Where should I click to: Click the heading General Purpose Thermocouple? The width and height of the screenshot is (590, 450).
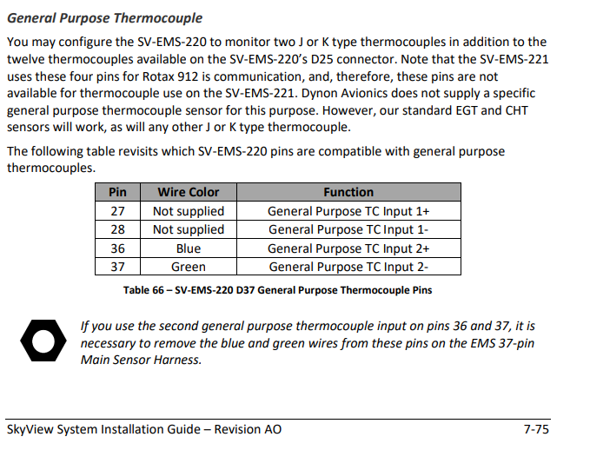104,18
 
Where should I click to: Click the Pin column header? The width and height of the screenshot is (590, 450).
118,192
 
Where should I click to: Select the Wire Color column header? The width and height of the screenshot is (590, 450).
188,192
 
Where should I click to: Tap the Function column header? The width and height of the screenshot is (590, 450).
348,192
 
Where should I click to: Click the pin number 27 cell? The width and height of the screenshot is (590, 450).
118,211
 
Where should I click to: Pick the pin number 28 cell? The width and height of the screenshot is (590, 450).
118,229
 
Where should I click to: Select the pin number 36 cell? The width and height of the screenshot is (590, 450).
118,248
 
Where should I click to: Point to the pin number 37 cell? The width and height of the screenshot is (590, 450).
118,267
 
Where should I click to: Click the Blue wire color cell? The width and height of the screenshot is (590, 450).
188,248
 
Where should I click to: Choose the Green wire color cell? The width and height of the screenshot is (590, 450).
188,267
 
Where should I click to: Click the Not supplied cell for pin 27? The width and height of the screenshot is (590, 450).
188,211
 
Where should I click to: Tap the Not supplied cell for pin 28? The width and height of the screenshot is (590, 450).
188,229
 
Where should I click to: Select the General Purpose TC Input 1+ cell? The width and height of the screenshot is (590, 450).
348,211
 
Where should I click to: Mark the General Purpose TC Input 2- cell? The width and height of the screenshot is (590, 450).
348,267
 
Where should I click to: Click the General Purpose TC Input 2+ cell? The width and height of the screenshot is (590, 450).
348,248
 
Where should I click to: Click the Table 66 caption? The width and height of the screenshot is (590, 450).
277,290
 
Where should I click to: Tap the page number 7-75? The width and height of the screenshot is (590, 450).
535,429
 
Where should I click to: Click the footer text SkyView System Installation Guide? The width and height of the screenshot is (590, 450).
143,429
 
